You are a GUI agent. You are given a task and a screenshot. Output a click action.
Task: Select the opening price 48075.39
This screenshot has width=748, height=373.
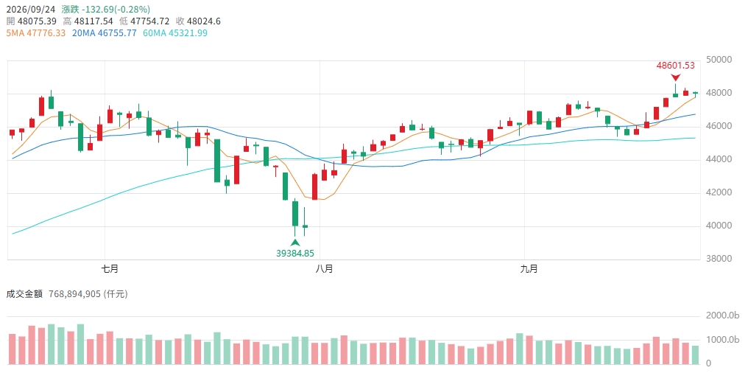click(x=37, y=21)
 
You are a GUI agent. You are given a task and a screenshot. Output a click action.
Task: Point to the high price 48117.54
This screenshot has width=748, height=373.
click(x=94, y=21)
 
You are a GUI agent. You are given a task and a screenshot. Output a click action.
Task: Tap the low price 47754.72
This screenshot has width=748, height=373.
click(x=151, y=21)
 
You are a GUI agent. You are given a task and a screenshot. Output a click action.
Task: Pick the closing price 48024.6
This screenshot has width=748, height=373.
click(x=205, y=21)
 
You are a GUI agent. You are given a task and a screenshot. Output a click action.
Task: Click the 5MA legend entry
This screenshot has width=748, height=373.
click(x=36, y=33)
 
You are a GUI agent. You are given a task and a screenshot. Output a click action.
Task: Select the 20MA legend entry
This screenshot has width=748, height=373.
click(x=104, y=33)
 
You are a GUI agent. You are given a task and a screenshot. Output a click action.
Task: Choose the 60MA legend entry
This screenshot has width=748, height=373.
click(x=175, y=33)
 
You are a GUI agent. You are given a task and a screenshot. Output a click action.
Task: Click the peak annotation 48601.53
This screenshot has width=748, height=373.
click(x=676, y=66)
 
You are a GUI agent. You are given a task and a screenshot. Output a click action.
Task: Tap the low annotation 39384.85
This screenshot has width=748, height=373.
click(x=295, y=253)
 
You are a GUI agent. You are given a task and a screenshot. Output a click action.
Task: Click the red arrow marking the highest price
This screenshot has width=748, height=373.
click(x=676, y=77)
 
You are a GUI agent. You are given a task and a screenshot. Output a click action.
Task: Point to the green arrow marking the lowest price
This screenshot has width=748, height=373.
click(x=295, y=243)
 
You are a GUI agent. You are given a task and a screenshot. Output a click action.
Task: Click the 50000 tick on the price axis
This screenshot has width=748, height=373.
click(x=718, y=60)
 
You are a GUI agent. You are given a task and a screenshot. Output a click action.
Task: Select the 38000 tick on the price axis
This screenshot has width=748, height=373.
click(x=718, y=259)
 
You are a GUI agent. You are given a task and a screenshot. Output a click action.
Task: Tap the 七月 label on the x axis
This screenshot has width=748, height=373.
click(x=110, y=269)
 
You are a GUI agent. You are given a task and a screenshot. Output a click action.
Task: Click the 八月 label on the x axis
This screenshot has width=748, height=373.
click(x=325, y=269)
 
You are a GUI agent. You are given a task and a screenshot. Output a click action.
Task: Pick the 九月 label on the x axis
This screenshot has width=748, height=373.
click(x=529, y=269)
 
